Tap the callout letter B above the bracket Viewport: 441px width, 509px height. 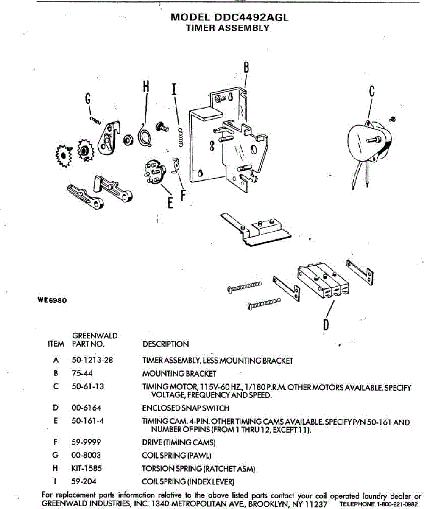tap(246, 67)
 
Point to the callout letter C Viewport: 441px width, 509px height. tap(372, 91)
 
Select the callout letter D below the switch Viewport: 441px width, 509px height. tap(326, 324)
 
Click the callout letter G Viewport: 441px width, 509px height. tap(88, 99)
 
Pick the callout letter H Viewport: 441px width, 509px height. tap(146, 86)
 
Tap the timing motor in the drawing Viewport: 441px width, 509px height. tap(368, 142)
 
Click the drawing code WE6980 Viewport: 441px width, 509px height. tap(52, 300)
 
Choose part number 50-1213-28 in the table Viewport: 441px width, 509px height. tap(92, 360)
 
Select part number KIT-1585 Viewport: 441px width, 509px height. tap(87, 468)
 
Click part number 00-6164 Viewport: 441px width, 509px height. tap(86, 408)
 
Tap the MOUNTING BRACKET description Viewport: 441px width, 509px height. tap(179, 374)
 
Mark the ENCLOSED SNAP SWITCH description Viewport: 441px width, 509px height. tap(185, 408)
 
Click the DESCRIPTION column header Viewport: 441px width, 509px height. tap(165, 344)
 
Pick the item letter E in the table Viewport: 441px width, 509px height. tap(56, 421)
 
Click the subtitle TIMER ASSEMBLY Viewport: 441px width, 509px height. tap(228, 28)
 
